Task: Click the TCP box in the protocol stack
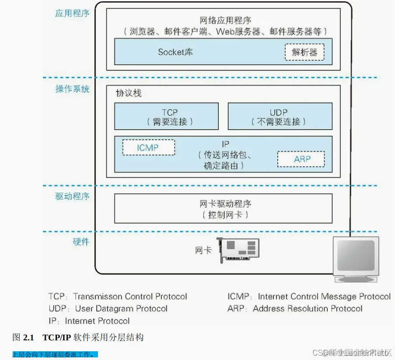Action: pyautogui.click(x=166, y=116)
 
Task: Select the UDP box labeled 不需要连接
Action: pyautogui.click(x=280, y=116)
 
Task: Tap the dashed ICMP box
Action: pyautogui.click(x=148, y=148)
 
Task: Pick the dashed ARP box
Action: pyautogui.click(x=301, y=159)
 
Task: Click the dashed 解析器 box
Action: pyautogui.click(x=304, y=52)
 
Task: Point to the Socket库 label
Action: pyautogui.click(x=175, y=52)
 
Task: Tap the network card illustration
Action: pyautogui.click(x=238, y=250)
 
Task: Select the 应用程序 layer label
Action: pyautogui.click(x=72, y=13)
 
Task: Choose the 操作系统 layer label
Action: pyautogui.click(x=72, y=89)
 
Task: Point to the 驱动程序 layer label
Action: pyautogui.click(x=72, y=196)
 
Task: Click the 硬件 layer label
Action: pyautogui.click(x=81, y=242)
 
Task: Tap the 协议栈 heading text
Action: pyautogui.click(x=128, y=93)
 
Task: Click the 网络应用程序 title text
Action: pyautogui.click(x=225, y=21)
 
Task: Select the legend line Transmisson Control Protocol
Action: pyautogui.click(x=118, y=297)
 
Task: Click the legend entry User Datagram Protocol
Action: pyautogui.click(x=108, y=309)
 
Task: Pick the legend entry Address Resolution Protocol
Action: pyautogui.click(x=295, y=309)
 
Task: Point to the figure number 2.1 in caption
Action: pyautogui.click(x=28, y=337)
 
